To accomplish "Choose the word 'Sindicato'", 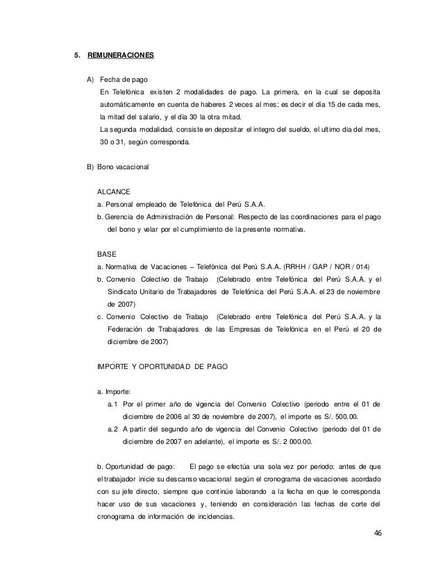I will [x=122, y=291].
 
